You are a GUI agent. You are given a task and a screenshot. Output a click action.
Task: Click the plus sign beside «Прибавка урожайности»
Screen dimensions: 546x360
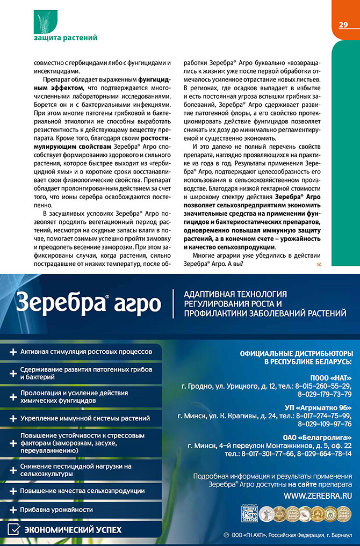12,509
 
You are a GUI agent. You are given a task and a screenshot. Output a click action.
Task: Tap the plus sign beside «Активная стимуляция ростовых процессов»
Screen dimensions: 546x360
12,352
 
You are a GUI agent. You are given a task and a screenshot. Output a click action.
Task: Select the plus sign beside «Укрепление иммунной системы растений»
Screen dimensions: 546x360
12,418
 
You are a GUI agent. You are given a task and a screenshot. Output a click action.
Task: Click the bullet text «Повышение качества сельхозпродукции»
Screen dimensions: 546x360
82,491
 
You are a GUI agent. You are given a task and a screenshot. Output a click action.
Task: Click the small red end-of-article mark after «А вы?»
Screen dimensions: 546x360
319,265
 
